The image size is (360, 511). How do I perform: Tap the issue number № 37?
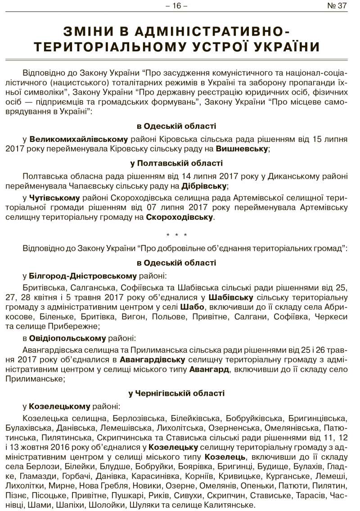(337, 6)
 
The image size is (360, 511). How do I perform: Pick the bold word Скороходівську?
(180, 217)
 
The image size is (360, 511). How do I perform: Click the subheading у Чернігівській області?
(176, 393)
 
